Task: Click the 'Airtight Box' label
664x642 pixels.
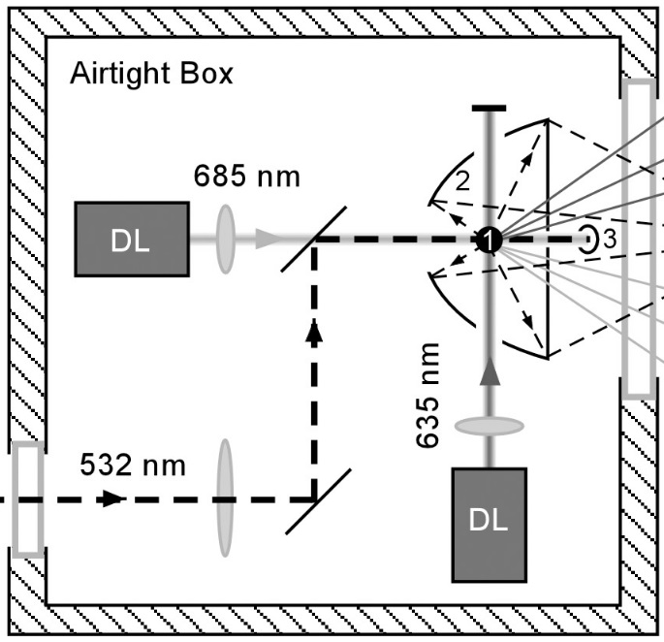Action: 151,74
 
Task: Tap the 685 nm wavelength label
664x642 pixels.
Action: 246,177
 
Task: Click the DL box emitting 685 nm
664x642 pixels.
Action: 131,240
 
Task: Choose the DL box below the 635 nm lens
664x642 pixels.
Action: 489,524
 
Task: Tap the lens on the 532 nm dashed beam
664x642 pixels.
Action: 225,498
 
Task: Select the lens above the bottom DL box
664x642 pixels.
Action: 489,427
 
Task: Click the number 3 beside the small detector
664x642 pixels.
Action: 610,241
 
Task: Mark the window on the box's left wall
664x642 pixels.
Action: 28,498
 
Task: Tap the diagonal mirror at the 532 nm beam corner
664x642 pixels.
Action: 313,499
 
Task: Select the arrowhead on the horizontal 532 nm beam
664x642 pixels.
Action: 113,499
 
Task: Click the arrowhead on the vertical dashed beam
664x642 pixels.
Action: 313,332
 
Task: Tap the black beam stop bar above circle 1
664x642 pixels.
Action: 489,108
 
